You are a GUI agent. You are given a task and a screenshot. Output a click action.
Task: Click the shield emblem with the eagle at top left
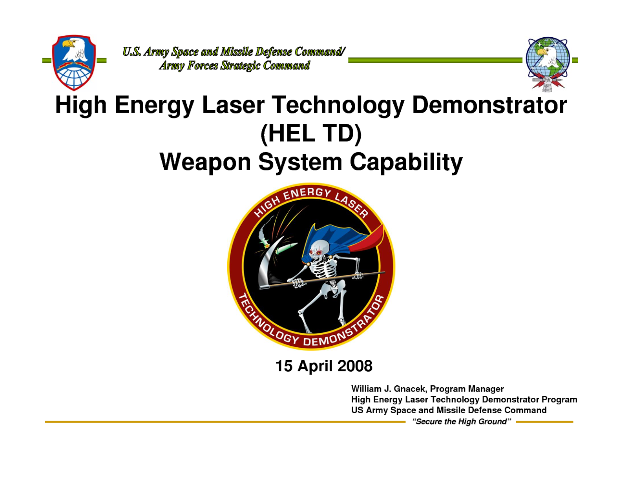point(74,62)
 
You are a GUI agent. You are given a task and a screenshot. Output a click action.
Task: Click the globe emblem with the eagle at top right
point(548,63)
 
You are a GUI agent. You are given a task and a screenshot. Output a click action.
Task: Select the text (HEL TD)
point(311,133)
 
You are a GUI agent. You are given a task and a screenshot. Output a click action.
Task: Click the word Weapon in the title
point(205,162)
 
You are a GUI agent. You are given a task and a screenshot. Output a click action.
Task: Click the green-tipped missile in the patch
point(287,248)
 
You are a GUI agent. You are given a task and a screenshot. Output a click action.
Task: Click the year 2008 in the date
point(355,366)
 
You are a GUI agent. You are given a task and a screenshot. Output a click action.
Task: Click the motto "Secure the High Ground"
point(461,421)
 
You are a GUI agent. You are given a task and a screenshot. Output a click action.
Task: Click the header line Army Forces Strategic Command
point(234,66)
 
